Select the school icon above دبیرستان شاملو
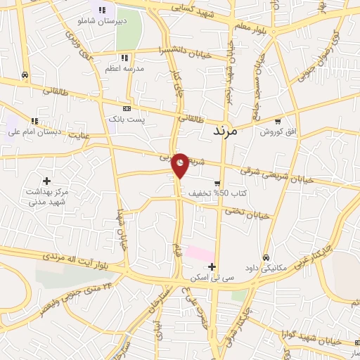(x=103, y=10)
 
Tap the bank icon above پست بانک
(x=127, y=109)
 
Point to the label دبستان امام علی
(x=35, y=131)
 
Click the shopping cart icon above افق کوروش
(x=278, y=120)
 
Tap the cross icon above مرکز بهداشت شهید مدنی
(x=47, y=181)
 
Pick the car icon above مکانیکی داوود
(x=266, y=258)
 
